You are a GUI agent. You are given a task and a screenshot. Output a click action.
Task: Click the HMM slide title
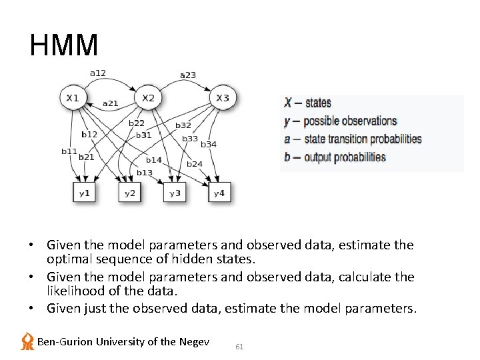64,45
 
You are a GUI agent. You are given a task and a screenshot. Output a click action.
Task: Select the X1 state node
73,98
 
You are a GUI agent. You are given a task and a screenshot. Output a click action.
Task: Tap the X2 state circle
148,98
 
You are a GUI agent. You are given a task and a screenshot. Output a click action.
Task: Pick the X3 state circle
223,98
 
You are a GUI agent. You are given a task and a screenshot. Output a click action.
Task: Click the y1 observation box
85,193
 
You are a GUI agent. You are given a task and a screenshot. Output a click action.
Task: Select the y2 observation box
130,193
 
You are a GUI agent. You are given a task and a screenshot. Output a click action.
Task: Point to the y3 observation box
175,193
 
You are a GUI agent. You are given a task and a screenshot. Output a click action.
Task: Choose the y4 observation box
220,193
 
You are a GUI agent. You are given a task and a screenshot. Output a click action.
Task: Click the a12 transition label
98,73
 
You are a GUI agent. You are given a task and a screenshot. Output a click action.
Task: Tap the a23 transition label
188,75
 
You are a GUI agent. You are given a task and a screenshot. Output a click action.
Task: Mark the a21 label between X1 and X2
111,103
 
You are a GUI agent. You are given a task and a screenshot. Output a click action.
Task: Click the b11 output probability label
69,151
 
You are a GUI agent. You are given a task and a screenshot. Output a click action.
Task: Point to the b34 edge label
209,144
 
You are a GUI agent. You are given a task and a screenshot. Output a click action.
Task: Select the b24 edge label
195,163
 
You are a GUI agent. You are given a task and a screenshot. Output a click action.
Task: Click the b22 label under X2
137,123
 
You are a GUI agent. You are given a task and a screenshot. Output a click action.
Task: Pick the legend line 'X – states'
307,103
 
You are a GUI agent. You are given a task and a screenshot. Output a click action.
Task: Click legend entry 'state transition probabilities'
363,139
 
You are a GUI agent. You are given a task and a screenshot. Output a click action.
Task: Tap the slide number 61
240,347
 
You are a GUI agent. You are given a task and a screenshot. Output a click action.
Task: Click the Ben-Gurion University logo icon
27,341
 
